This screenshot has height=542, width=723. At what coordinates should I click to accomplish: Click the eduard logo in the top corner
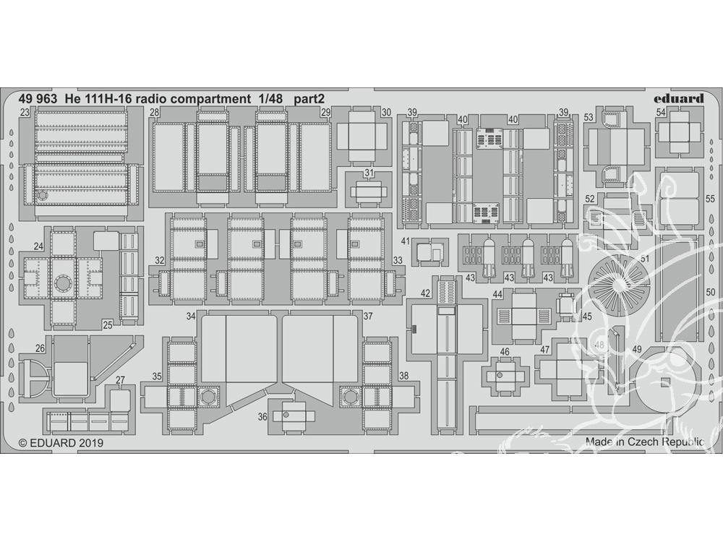(679, 98)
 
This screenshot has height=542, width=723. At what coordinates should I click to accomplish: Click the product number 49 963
(38, 98)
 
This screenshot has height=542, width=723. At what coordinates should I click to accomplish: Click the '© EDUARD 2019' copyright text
(61, 443)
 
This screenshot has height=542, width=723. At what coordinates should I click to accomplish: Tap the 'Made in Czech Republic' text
(645, 441)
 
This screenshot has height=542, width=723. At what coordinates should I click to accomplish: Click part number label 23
(25, 112)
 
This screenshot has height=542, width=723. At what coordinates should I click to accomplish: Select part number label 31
(369, 173)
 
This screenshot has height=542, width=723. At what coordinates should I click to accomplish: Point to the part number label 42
(425, 293)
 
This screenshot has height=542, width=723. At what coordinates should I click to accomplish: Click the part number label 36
(262, 417)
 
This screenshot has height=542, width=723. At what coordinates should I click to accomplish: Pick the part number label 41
(406, 241)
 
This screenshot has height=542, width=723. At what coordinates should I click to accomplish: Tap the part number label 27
(120, 380)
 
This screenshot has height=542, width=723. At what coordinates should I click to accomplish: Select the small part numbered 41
(429, 252)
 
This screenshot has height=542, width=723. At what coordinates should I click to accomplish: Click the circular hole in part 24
(63, 282)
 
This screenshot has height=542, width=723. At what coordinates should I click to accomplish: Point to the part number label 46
(505, 352)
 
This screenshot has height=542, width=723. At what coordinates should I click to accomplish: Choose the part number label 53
(589, 118)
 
